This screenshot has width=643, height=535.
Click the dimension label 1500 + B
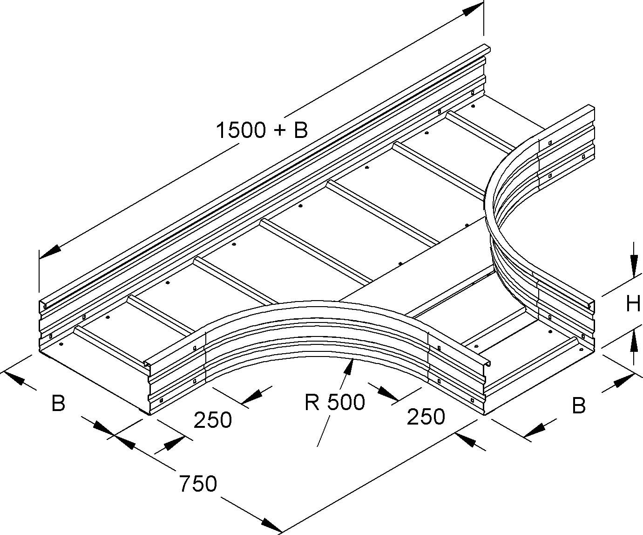tap(262, 130)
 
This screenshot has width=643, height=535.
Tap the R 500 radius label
tap(335, 402)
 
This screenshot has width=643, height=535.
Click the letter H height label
tap(633, 304)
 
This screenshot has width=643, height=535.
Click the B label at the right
tap(578, 406)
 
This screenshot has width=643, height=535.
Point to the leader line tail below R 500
tap(321, 438)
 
